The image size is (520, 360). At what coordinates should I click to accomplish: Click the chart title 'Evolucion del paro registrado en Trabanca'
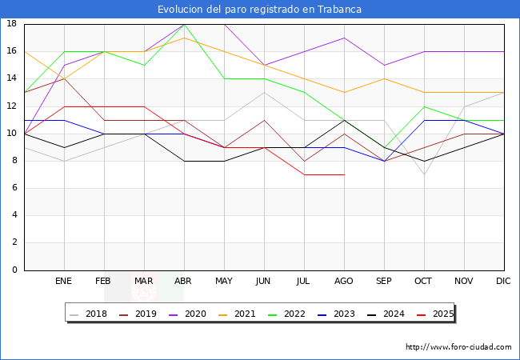(259, 10)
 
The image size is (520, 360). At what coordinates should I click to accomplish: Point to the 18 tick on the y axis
(12, 24)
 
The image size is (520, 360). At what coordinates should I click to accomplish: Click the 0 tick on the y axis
(14, 270)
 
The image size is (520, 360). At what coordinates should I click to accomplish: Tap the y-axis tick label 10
(12, 134)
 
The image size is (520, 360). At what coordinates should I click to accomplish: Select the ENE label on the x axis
(64, 282)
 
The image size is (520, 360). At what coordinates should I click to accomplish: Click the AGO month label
(344, 282)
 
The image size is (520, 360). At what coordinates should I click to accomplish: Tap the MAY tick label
(224, 282)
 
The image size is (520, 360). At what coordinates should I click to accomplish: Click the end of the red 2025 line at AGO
(344, 174)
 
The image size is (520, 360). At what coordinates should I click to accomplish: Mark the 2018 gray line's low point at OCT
(424, 174)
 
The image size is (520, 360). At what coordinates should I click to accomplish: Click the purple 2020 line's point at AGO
(344, 38)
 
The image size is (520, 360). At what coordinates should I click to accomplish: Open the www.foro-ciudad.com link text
(458, 347)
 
